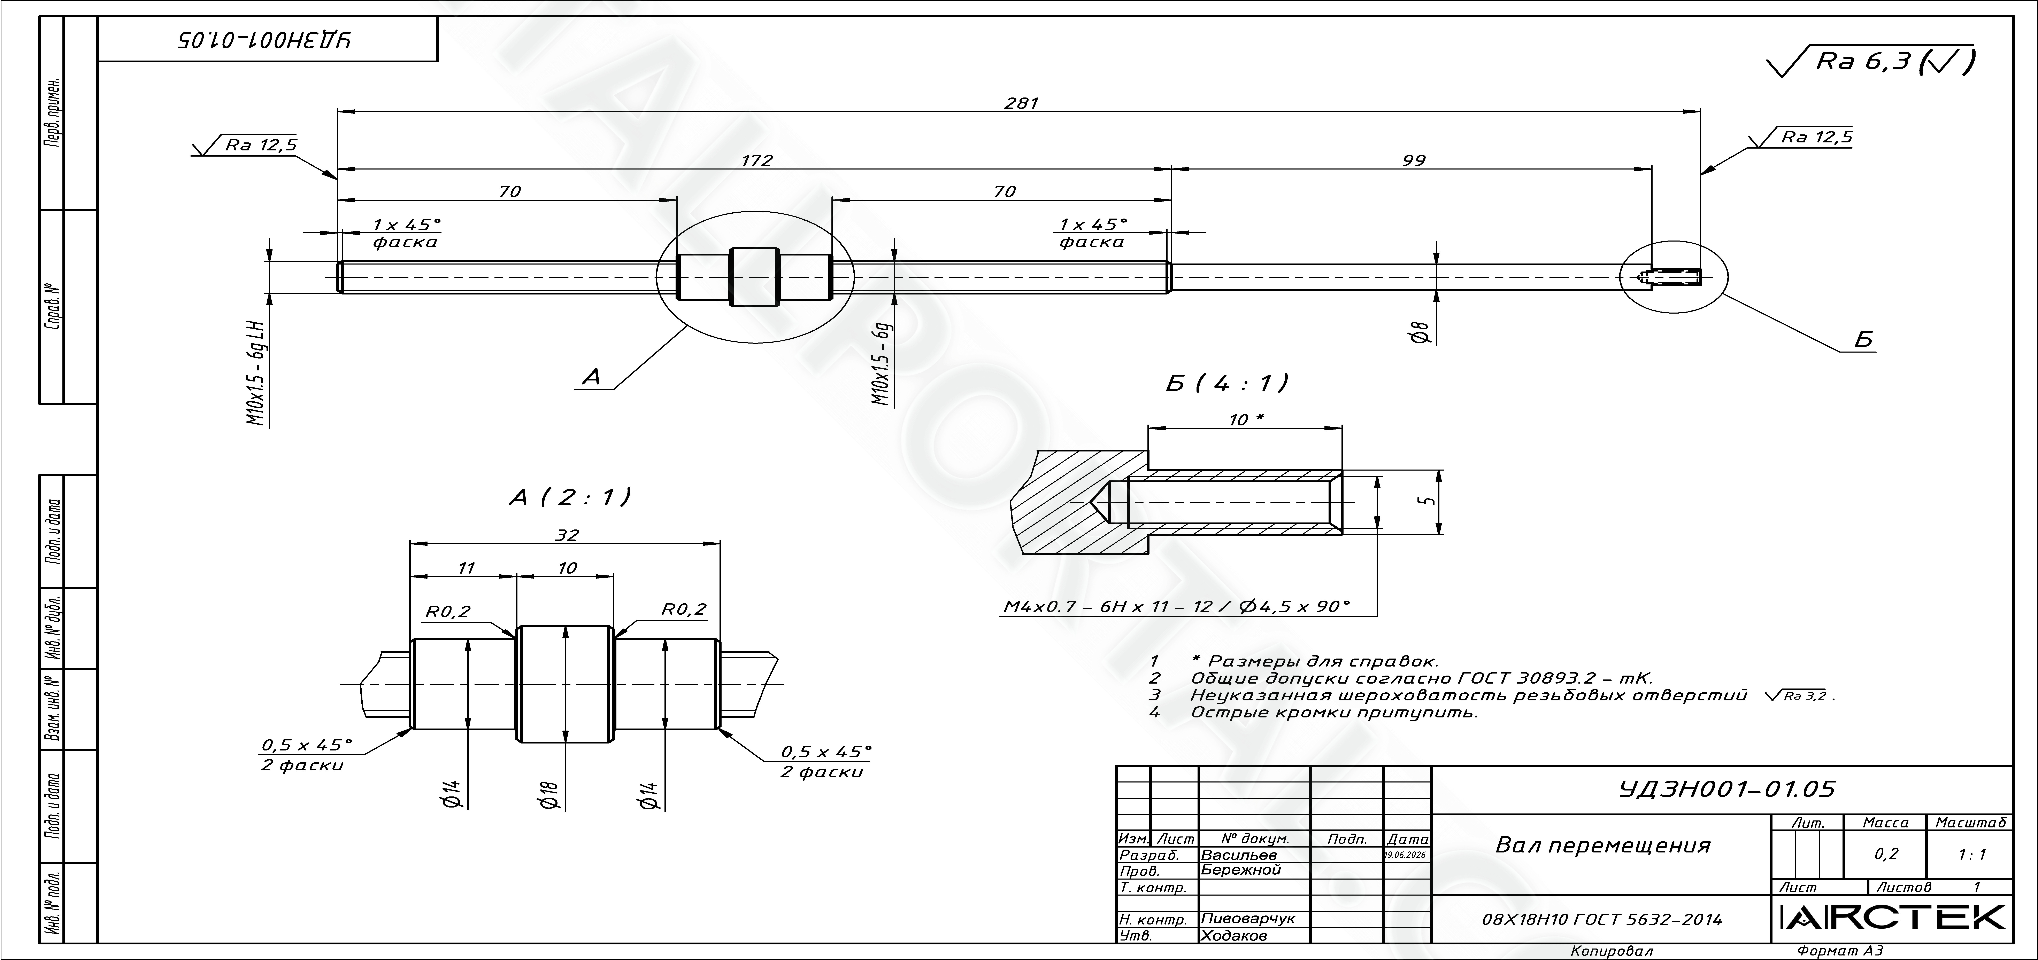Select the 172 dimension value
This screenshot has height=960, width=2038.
click(x=756, y=160)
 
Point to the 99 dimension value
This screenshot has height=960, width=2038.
click(x=1414, y=160)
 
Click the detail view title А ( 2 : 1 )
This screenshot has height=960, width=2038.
click(x=570, y=497)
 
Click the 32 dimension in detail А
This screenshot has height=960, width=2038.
click(x=567, y=535)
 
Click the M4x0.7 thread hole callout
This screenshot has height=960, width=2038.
click(x=1176, y=607)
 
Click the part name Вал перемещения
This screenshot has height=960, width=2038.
click(x=1603, y=845)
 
